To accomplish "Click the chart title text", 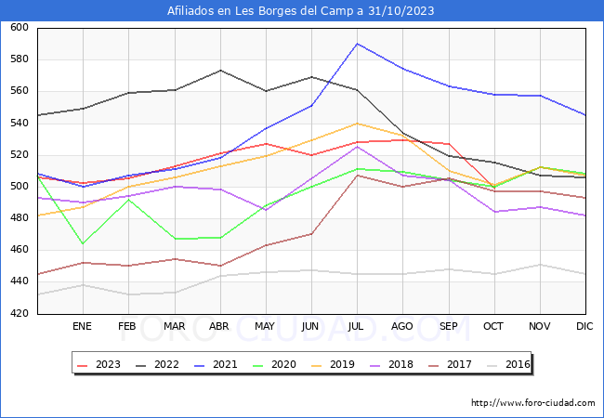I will pyautogui.click(x=301, y=11).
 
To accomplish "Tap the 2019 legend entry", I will pyautogui.click(x=335, y=364).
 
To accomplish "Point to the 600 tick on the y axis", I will pyautogui.click(x=19, y=28).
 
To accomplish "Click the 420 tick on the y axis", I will pyautogui.click(x=19, y=314).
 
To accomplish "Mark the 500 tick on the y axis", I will pyautogui.click(x=19, y=187).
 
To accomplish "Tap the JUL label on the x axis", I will pyautogui.click(x=357, y=327).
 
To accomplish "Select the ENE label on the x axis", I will pyautogui.click(x=82, y=327).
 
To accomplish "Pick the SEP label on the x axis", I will pyautogui.click(x=448, y=327).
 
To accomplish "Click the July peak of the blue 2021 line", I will pyautogui.click(x=357, y=44).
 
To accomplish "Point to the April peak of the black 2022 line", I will pyautogui.click(x=219, y=71).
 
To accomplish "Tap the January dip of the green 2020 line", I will pyautogui.click(x=82, y=243).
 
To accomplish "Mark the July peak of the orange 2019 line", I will pyautogui.click(x=357, y=124).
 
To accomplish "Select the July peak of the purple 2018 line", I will pyautogui.click(x=357, y=147).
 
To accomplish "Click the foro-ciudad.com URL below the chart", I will pyautogui.click(x=532, y=403).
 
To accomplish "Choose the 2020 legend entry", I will pyautogui.click(x=277, y=364).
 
